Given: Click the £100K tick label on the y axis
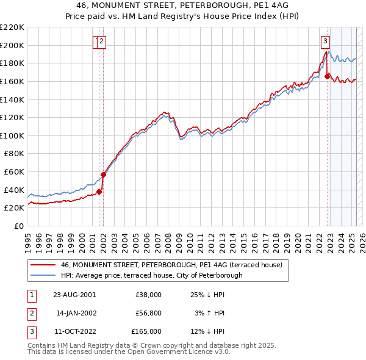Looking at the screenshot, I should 12,135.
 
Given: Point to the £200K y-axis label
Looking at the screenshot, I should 12,45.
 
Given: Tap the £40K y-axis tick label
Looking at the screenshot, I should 14,190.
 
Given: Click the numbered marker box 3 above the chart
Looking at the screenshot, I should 326,41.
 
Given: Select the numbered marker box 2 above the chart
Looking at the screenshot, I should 102,41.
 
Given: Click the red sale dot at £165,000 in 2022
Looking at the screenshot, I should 328,76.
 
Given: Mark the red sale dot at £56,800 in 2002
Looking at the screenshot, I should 103,175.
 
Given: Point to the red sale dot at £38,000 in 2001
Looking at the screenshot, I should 99,192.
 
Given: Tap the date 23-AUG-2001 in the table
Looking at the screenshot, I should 75,295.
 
